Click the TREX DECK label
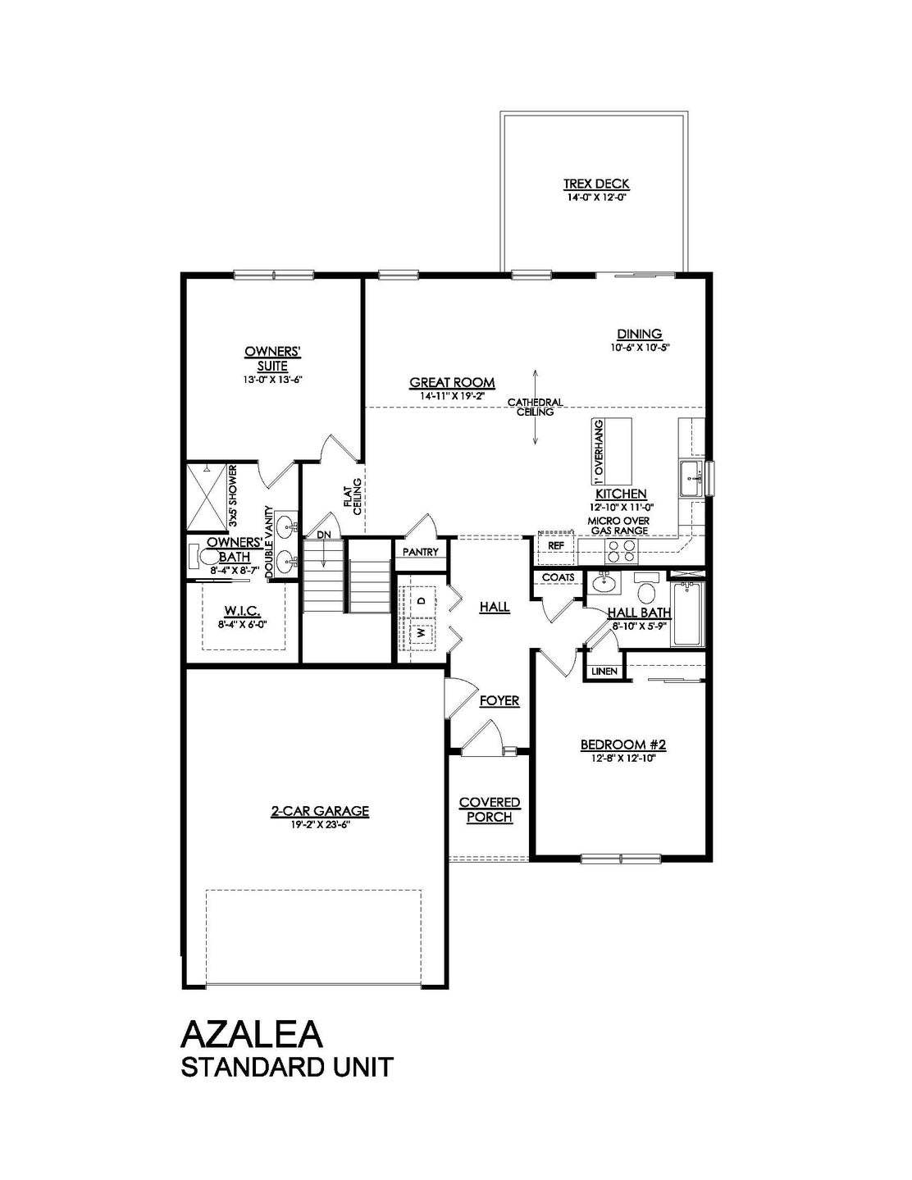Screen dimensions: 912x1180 [x=596, y=184]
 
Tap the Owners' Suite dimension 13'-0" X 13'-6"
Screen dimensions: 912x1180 [x=272, y=380]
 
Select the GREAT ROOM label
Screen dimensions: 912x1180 [x=452, y=382]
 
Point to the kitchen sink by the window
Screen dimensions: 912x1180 [x=691, y=478]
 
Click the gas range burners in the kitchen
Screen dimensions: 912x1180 [x=622, y=550]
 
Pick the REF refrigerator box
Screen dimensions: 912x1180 [x=554, y=545]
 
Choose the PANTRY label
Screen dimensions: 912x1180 [x=421, y=552]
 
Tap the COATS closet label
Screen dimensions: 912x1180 [x=558, y=577]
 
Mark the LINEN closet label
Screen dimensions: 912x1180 [x=604, y=672]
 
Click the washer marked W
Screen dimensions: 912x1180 [x=422, y=632]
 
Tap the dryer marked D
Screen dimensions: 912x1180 [x=422, y=600]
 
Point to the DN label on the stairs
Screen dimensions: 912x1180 [x=323, y=535]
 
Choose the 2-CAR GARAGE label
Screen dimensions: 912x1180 [x=321, y=811]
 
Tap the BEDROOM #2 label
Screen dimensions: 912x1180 [x=623, y=745]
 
